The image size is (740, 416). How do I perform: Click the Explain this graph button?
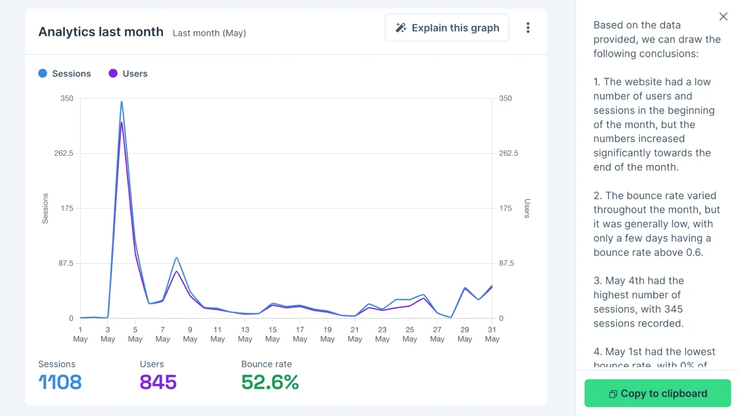coord(446,28)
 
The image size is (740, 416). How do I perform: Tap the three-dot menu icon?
coord(528,28)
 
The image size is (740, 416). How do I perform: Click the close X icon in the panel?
coord(723,17)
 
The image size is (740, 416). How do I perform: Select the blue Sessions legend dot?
coord(43,73)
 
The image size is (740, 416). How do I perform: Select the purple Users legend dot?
coord(113,73)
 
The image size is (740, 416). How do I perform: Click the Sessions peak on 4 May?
coord(121,102)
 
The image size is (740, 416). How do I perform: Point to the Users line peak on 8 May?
coord(176,271)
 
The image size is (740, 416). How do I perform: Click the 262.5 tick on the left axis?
coord(64,153)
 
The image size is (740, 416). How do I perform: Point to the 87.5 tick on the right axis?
coord(506,263)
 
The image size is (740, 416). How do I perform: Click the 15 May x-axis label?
coord(272,334)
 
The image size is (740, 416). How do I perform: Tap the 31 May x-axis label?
coord(492,334)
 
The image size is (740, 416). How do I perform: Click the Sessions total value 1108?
coord(60,382)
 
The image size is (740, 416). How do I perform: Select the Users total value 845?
coord(158,382)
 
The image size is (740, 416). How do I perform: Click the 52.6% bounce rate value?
coord(270,382)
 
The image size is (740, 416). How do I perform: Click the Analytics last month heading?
coord(101,31)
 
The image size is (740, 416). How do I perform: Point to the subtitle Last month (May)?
coord(209,33)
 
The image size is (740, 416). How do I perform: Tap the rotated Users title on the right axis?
coord(527,208)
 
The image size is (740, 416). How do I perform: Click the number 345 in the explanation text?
coord(672,309)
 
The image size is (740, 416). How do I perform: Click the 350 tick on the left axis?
coord(67,98)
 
